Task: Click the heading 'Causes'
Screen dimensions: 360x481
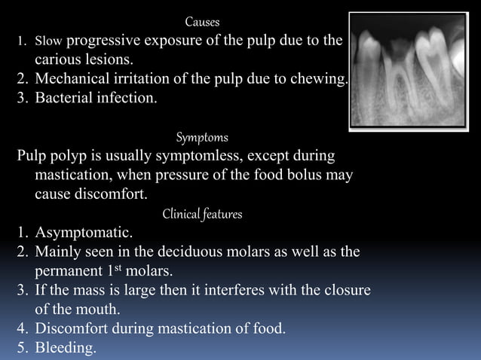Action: [202, 22]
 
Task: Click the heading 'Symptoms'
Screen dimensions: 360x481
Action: [202, 138]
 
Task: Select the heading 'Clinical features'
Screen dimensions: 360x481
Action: [202, 215]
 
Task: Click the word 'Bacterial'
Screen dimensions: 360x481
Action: [64, 98]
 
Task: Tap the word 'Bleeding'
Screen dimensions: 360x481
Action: [66, 348]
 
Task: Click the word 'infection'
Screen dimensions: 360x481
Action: [128, 98]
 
